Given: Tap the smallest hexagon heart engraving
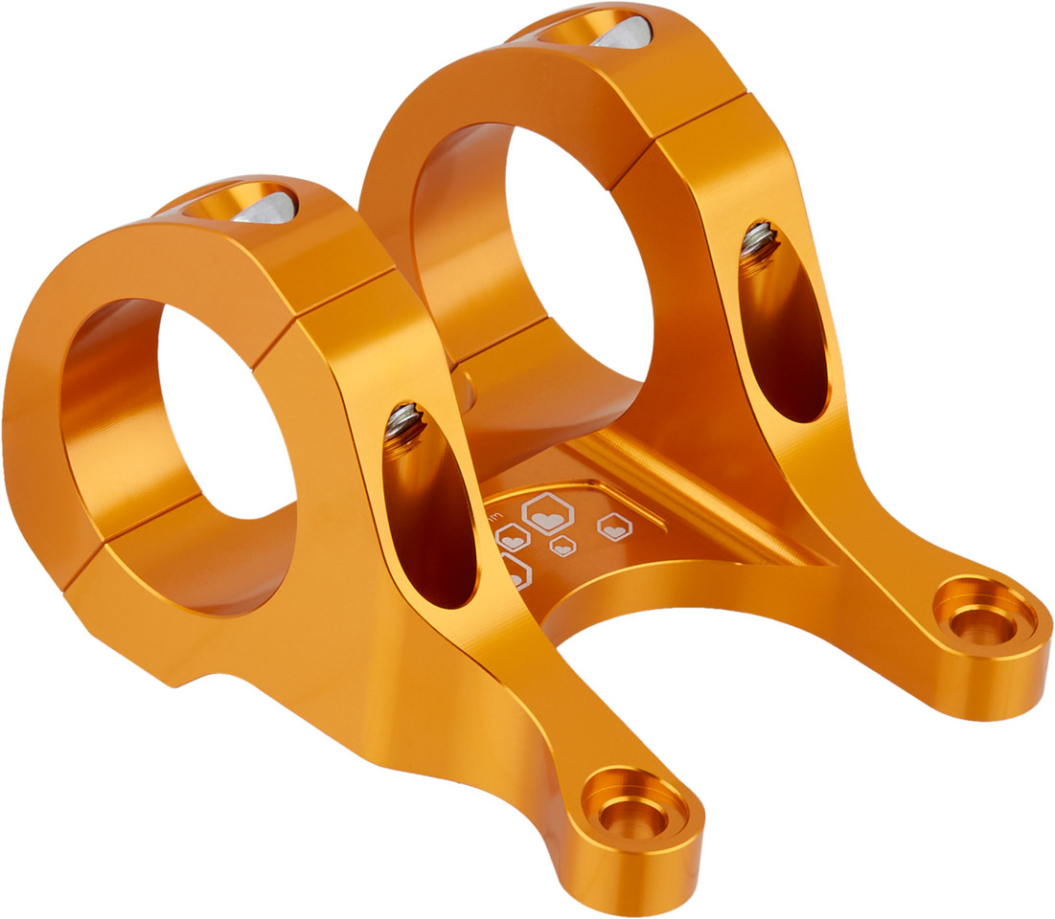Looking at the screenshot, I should [x=563, y=547].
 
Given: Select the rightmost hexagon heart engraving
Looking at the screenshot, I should [x=614, y=526].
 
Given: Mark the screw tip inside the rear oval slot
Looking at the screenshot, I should [x=759, y=239].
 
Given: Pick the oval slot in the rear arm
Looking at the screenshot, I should [x=783, y=325].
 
